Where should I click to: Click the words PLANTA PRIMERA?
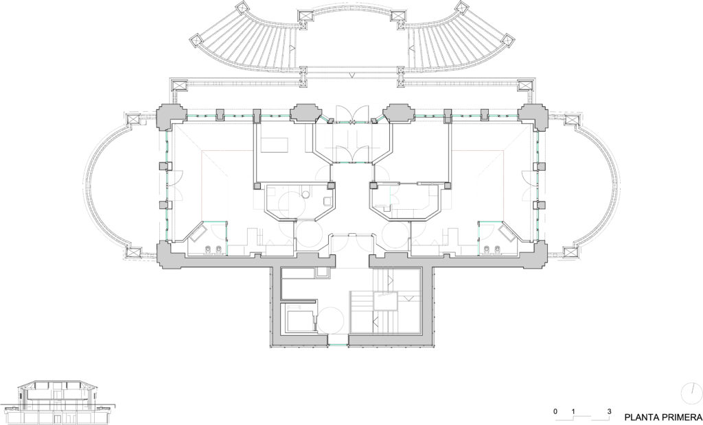(x=663, y=416)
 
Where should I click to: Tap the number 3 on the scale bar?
(x=609, y=411)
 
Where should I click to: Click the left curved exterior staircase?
(x=246, y=44)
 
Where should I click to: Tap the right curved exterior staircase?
(x=459, y=44)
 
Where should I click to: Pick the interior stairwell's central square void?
(x=385, y=300)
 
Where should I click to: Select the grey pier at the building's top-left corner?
(x=171, y=117)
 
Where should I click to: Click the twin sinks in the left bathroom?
(x=214, y=249)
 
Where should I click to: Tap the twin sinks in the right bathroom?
(x=491, y=249)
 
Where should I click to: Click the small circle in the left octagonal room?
(x=306, y=195)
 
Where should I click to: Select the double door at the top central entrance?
(x=351, y=114)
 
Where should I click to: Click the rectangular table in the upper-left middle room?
(x=275, y=145)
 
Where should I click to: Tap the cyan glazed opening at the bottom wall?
(x=338, y=344)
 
